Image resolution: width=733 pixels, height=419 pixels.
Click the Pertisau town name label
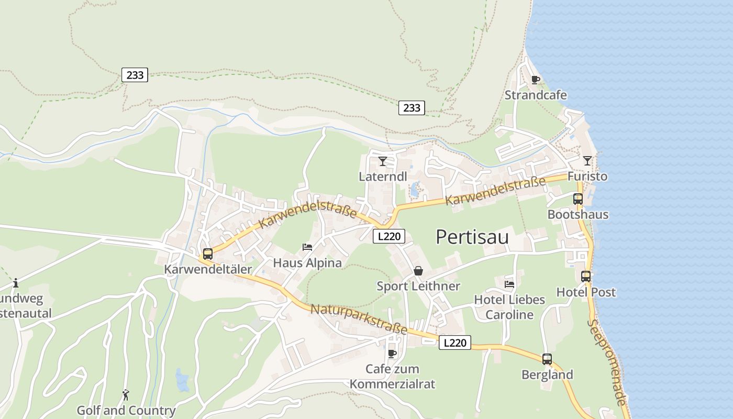472,237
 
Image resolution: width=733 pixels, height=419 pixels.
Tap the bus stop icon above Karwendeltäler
208,254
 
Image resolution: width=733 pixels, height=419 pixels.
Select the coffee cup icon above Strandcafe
535,80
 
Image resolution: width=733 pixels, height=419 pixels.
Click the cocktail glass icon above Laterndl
383,161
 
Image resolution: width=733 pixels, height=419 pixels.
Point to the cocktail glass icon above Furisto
587,160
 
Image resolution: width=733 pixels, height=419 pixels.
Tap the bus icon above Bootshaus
578,199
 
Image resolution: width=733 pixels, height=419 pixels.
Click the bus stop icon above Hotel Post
586,276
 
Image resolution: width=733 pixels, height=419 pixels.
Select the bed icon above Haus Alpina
307,247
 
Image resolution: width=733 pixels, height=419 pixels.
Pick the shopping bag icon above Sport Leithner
418,271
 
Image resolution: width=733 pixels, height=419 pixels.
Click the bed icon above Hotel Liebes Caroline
509,284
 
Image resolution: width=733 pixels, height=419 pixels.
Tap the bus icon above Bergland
547,359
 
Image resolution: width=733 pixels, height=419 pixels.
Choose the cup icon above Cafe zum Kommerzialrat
392,354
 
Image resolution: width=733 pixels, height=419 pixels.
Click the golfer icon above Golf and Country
126,395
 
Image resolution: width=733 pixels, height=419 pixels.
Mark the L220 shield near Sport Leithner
389,236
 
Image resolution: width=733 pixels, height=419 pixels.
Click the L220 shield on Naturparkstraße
454,343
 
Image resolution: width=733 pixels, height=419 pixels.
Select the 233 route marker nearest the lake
412,108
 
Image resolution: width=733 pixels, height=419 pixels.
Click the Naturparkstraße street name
359,319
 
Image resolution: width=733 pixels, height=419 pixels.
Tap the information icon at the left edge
16,283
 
